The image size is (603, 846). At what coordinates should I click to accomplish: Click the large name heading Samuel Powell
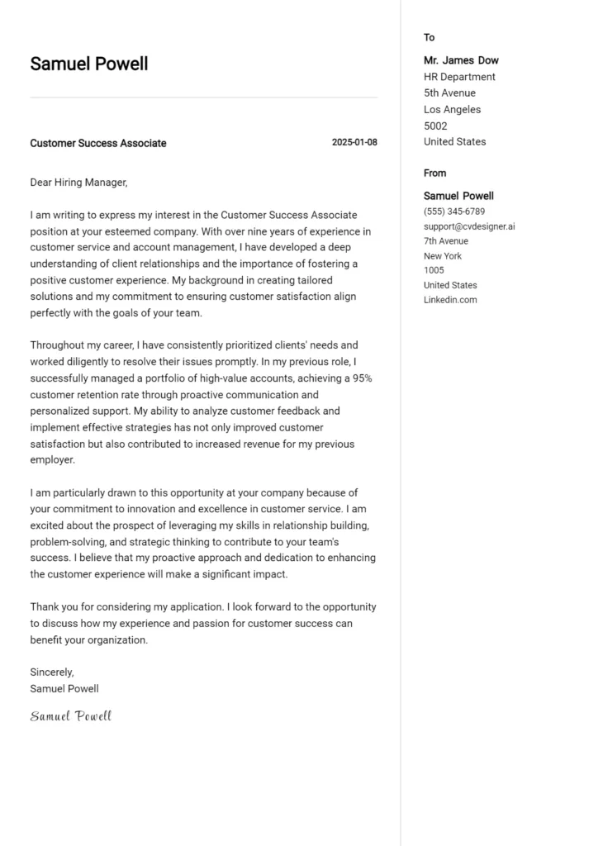coord(89,64)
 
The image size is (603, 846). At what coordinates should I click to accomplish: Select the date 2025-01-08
coord(354,142)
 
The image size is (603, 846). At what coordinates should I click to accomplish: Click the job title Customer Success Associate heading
coord(98,143)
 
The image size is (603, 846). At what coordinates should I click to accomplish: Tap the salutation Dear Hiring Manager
coord(78,183)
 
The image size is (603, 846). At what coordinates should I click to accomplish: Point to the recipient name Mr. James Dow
coord(461,60)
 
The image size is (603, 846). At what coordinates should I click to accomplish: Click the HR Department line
coord(459,77)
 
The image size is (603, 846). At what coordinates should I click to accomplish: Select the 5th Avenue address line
coord(449,93)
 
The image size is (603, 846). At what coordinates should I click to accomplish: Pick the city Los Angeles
coord(452,109)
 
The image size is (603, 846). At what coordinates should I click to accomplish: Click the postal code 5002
coord(435,126)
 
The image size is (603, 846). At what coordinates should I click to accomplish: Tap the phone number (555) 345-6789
coord(454,211)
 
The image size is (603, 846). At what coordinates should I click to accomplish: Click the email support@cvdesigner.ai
coord(469,226)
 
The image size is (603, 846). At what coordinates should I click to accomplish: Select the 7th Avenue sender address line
coord(446,241)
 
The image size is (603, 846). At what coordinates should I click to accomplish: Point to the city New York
coord(443,256)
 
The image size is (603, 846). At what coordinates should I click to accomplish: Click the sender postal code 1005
coord(434,270)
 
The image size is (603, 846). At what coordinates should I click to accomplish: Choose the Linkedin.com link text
coord(450,300)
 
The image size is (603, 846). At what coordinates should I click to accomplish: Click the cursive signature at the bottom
coord(71,716)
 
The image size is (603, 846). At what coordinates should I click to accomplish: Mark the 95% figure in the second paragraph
coord(363,378)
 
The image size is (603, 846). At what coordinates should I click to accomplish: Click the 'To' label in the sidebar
coord(429,37)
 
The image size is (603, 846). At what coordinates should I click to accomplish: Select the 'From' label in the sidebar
coord(434,173)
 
